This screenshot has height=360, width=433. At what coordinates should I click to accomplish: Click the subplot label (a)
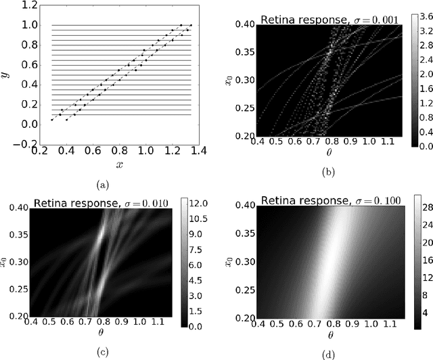coord(102,183)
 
